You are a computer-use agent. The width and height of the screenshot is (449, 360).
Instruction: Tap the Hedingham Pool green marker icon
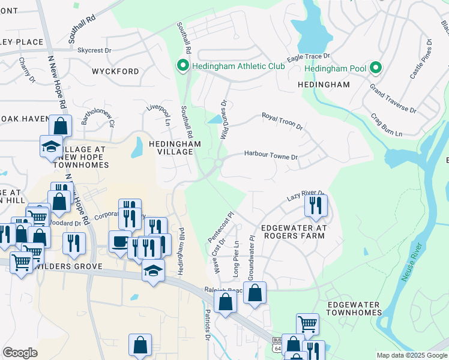click(376, 68)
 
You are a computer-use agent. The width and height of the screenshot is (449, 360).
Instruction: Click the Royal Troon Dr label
click(282, 121)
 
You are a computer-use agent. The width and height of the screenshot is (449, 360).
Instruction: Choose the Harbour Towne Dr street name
click(271, 155)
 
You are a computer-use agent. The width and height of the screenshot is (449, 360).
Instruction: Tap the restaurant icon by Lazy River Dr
click(315, 206)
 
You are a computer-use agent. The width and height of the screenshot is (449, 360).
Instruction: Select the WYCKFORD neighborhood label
click(115, 71)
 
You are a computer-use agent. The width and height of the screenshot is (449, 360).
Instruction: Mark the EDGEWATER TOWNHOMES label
click(354, 308)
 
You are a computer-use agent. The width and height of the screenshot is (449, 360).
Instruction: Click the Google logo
click(20, 353)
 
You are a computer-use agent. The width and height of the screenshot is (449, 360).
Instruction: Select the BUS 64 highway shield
click(276, 344)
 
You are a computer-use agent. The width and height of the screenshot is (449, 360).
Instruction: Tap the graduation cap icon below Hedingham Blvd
click(153, 270)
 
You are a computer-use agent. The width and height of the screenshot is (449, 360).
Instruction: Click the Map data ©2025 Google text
click(411, 355)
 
